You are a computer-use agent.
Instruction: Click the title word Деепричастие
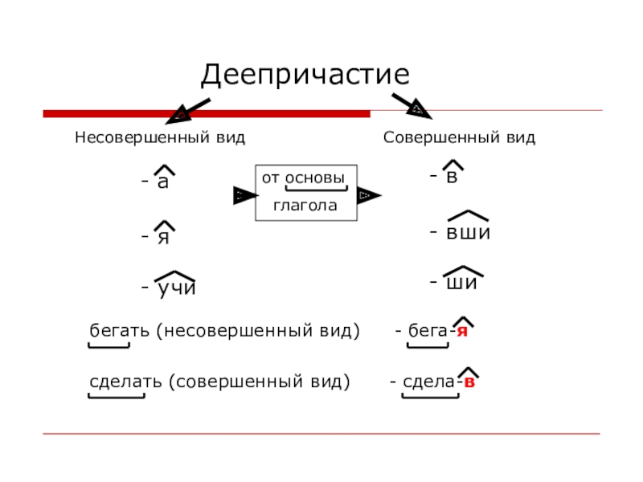[x=305, y=76]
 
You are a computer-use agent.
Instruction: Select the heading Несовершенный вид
[x=160, y=137]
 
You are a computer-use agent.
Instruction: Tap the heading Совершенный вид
[x=459, y=137]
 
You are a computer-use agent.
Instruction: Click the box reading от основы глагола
[x=305, y=192]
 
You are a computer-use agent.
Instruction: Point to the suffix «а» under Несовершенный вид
[x=163, y=182]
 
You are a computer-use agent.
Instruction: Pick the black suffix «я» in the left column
[x=163, y=237]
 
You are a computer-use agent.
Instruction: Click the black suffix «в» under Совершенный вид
[x=452, y=177]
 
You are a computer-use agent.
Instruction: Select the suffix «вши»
[x=468, y=232]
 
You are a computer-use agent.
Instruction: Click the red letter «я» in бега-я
[x=462, y=332]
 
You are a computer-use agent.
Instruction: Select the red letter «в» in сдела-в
[x=469, y=382]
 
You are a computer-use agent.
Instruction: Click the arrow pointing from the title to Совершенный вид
[x=412, y=104]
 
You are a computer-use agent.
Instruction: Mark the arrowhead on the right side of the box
[x=367, y=195]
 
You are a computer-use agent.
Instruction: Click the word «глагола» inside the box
[x=305, y=206]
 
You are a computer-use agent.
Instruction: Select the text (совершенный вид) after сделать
[x=260, y=382]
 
